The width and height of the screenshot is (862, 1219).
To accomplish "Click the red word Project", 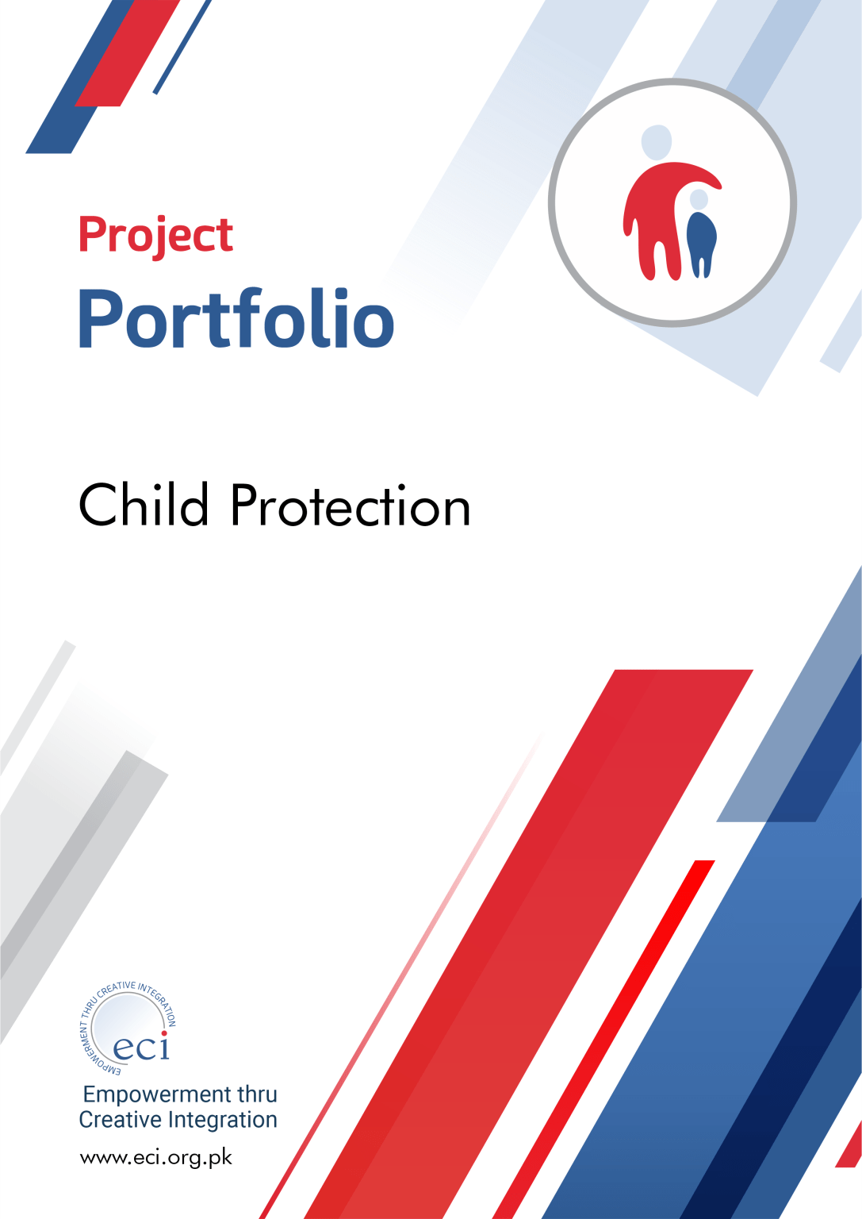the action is click(x=156, y=236).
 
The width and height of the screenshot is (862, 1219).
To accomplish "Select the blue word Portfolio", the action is click(x=236, y=319).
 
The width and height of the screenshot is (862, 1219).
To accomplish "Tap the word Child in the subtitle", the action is click(x=144, y=505).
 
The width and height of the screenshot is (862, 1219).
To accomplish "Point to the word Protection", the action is click(x=351, y=506).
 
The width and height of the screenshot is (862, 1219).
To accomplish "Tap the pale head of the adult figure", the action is click(x=657, y=142).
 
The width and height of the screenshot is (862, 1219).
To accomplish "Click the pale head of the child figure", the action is click(x=699, y=199).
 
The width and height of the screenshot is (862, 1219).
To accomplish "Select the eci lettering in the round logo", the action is click(x=141, y=1047).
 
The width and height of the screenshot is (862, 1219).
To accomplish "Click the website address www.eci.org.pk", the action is click(x=156, y=1158).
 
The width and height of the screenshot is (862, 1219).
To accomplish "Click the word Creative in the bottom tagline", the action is click(x=121, y=1120).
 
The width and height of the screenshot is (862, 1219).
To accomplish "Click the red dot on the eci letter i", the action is click(x=164, y=1034).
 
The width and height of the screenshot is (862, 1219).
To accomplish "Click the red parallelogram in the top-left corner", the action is click(x=127, y=53).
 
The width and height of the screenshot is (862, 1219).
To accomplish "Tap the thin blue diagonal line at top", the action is click(x=182, y=47).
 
